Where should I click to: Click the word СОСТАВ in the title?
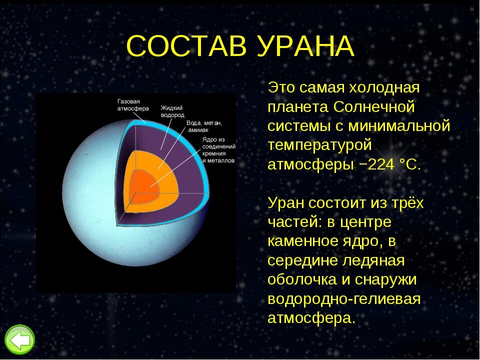point(188,46)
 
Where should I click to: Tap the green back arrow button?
point(19,340)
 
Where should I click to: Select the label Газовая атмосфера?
point(133,104)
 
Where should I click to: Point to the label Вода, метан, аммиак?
point(203,125)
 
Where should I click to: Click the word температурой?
point(320,145)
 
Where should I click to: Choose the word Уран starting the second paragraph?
point(285,203)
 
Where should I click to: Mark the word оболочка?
point(302,280)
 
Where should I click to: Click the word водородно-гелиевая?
point(343,299)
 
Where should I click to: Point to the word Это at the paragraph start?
point(281,87)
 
